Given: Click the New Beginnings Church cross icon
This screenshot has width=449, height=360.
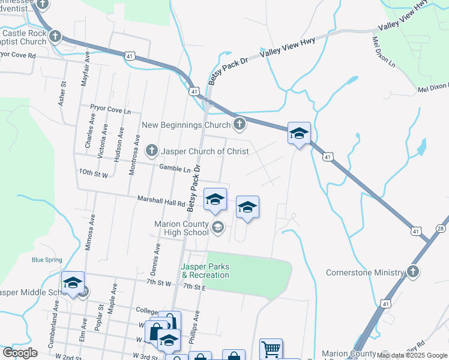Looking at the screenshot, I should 240,125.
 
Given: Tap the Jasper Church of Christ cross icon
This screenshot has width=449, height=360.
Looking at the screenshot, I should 152,151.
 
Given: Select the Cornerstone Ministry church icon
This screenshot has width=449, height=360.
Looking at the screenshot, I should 412,272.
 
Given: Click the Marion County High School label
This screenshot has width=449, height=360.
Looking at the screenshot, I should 181,228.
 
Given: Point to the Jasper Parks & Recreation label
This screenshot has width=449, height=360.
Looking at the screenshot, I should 205,271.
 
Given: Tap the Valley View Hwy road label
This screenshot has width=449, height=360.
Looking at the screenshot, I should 286,52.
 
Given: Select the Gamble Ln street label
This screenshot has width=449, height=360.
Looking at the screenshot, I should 170,169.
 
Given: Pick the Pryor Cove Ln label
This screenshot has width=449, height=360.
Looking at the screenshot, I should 110,110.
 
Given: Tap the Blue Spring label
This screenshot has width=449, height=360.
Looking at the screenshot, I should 47,260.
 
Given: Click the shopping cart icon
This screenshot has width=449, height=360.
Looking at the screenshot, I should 271,349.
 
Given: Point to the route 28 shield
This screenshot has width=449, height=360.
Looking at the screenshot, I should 441,229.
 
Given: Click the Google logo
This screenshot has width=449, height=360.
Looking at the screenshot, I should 19,352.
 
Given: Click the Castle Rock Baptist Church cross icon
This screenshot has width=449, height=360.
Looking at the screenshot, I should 55,37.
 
